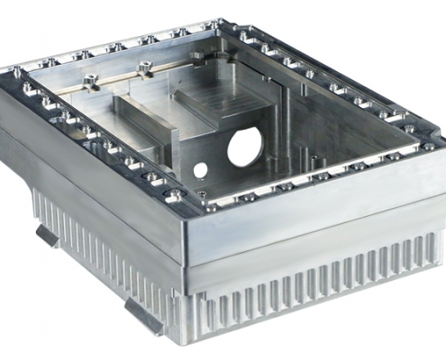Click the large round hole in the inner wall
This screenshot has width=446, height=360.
point(244,146)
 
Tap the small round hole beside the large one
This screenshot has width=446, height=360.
point(200,168)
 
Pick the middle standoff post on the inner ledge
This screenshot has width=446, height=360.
point(144,67)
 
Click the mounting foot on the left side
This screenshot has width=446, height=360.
point(47,235)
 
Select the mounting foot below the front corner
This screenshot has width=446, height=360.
point(145,314)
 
